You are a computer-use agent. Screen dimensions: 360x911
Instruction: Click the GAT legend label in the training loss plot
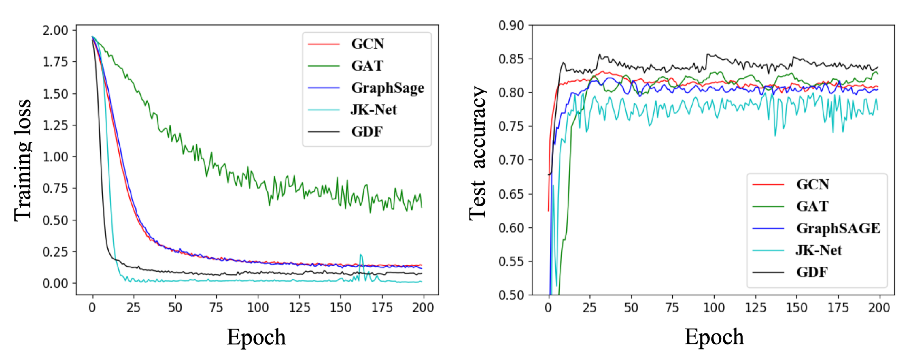coord(367,66)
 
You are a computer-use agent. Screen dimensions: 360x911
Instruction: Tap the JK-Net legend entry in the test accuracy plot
coord(818,250)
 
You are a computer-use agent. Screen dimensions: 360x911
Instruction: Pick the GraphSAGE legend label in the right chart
coord(838,229)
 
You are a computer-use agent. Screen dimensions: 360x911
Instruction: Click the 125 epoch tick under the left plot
coord(299,308)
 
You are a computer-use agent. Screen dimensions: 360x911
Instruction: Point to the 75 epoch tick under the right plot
coord(672,308)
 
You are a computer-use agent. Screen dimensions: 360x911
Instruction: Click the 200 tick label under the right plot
coord(879,308)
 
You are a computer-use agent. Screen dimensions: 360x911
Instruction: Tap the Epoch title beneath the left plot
coord(256,337)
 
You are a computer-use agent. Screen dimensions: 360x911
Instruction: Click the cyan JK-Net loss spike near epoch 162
coord(361,255)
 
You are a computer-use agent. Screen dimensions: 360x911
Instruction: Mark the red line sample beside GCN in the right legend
coord(768,184)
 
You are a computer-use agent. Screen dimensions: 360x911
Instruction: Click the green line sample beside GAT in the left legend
coord(324,66)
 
